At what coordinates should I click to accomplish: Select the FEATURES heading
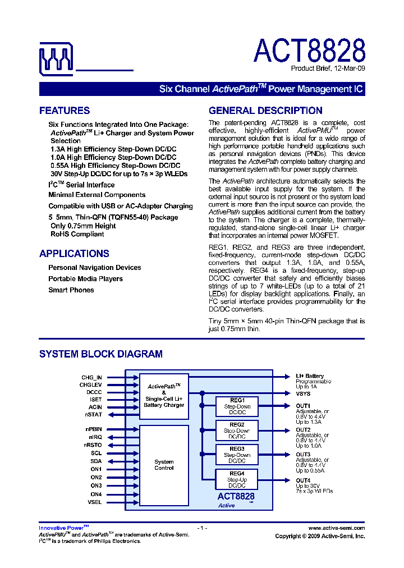(x=65, y=111)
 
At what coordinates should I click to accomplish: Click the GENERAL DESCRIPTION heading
(x=265, y=111)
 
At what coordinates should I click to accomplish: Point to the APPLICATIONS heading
(x=74, y=254)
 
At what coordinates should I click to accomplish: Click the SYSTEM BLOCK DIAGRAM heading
(x=101, y=354)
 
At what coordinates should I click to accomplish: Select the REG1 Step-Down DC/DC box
(x=237, y=406)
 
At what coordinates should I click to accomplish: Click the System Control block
(x=164, y=465)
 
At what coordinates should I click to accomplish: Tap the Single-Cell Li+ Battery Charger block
(x=164, y=396)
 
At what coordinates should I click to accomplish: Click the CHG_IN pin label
(x=91, y=378)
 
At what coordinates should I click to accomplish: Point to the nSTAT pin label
(x=94, y=414)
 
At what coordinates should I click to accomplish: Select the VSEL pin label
(x=95, y=502)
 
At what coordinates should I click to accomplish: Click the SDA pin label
(x=96, y=461)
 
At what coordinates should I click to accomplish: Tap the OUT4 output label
(x=303, y=480)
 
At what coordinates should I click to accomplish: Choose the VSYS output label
(x=304, y=393)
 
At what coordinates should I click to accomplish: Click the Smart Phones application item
(x=71, y=290)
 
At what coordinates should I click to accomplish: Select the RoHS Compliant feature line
(x=77, y=234)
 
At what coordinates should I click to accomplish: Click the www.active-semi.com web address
(x=337, y=528)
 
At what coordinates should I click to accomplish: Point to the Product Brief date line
(x=328, y=68)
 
